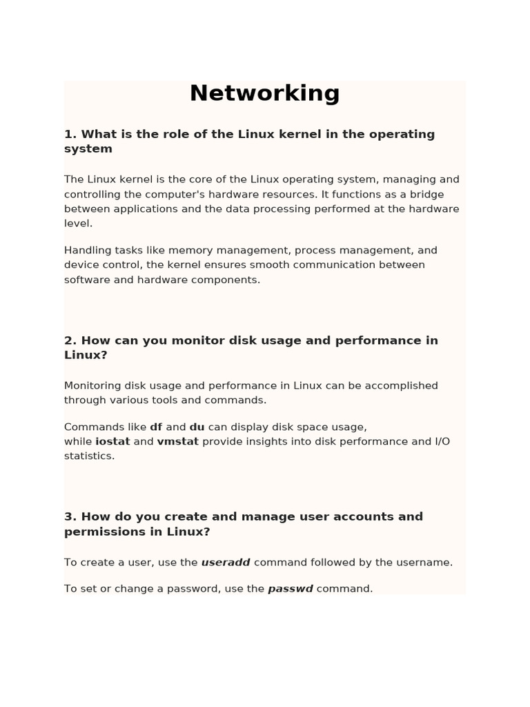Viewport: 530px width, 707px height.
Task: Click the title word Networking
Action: click(264, 93)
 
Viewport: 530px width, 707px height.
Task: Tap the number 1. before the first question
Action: click(70, 134)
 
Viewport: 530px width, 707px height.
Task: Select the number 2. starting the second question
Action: click(70, 340)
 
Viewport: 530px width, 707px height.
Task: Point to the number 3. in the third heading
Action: click(70, 516)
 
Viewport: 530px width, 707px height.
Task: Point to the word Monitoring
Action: click(92, 385)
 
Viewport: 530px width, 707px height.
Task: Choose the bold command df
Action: click(156, 427)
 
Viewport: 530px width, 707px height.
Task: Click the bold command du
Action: click(197, 427)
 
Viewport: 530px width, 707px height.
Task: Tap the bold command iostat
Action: click(112, 441)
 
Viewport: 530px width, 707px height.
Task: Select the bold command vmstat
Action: click(177, 441)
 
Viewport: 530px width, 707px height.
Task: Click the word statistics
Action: click(88, 456)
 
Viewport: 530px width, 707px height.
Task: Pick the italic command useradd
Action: click(226, 562)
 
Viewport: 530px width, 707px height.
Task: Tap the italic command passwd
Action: click(291, 589)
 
